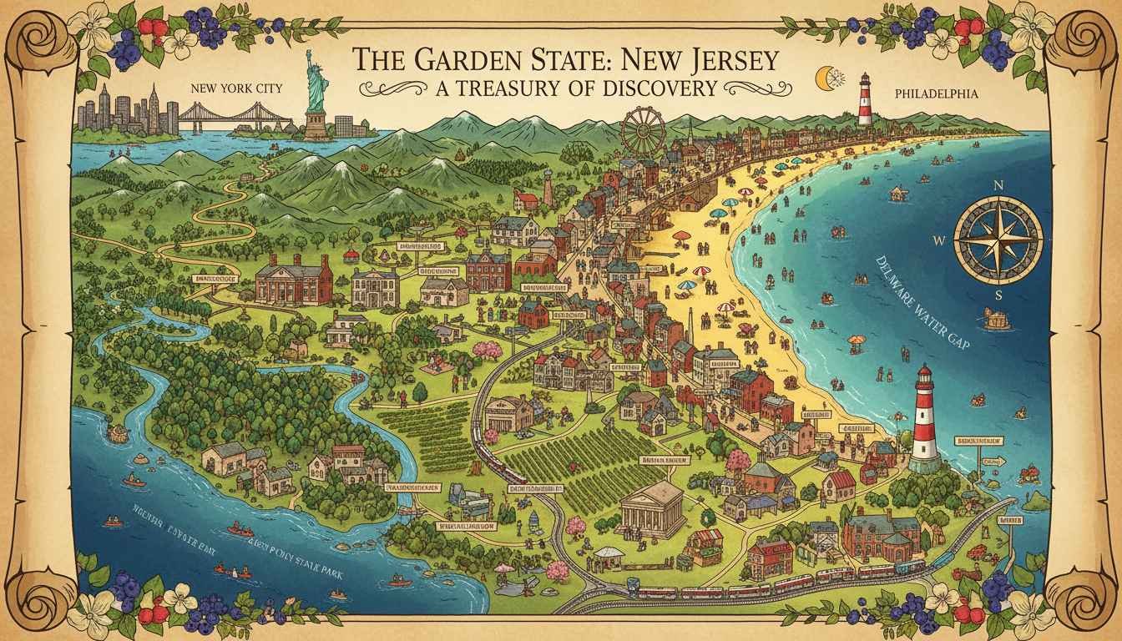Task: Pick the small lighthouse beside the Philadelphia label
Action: pos(865,100)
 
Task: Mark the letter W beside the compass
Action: pos(938,241)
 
